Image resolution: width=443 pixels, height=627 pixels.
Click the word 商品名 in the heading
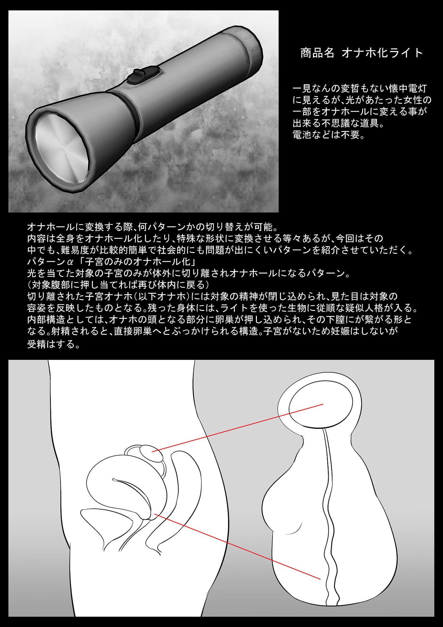click(x=317, y=53)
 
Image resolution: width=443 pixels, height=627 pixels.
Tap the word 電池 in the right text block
click(x=304, y=135)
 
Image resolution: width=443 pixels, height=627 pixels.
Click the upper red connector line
click(x=237, y=428)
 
